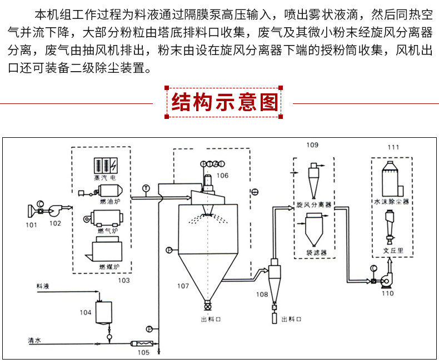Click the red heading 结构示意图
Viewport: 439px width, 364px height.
click(x=225, y=102)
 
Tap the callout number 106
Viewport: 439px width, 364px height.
click(x=222, y=176)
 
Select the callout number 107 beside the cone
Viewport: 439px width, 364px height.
click(x=183, y=286)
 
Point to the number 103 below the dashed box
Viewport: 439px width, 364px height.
click(x=124, y=280)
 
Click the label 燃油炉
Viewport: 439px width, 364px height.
click(x=110, y=201)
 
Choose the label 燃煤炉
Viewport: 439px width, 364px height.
click(x=109, y=267)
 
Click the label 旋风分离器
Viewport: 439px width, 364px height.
click(x=314, y=205)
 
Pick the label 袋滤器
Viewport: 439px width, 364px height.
click(x=316, y=252)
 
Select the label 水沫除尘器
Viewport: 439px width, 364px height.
click(x=391, y=202)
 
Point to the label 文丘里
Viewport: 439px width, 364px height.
click(x=393, y=250)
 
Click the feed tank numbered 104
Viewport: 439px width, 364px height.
click(x=104, y=312)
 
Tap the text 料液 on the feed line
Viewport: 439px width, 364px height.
click(x=43, y=286)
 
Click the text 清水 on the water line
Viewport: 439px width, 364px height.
click(x=34, y=340)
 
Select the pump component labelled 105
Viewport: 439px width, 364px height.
click(x=142, y=343)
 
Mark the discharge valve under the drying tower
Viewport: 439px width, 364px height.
click(x=207, y=306)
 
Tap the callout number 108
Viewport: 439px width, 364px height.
click(x=262, y=295)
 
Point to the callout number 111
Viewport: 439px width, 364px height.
click(x=393, y=147)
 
